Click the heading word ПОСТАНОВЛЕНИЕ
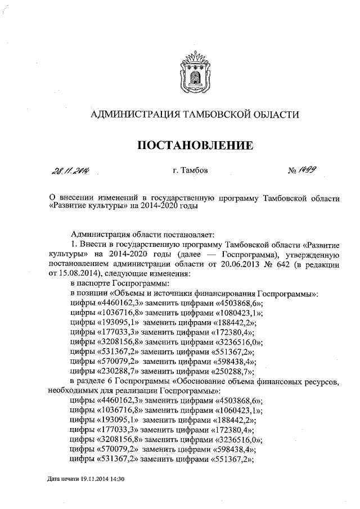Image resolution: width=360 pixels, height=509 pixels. [195, 146]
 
